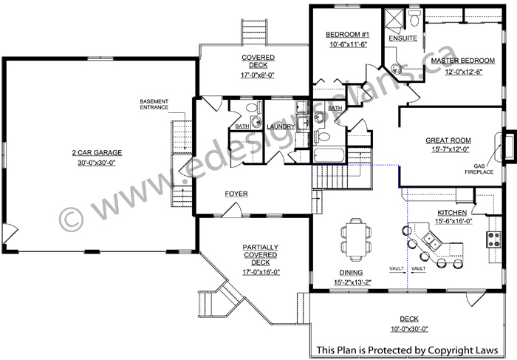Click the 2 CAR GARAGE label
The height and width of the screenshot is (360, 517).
(x=97, y=153)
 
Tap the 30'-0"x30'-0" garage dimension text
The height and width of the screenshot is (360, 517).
(x=97, y=163)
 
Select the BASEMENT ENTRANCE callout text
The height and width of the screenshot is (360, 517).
(x=154, y=104)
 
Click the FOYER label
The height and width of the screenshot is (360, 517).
(x=236, y=194)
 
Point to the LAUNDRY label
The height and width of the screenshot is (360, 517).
(x=281, y=126)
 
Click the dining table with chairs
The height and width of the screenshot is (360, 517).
(x=356, y=239)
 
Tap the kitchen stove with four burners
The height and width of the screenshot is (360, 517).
(x=493, y=240)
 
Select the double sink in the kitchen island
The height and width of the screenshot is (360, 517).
(x=432, y=240)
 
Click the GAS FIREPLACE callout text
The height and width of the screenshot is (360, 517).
(x=479, y=169)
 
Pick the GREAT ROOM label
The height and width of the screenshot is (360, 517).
(x=448, y=140)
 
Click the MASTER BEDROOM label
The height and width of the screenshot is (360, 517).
(x=463, y=61)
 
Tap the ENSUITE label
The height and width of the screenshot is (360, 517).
(x=403, y=38)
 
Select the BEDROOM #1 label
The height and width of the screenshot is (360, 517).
(x=348, y=35)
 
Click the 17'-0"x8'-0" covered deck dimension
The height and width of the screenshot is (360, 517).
(x=258, y=75)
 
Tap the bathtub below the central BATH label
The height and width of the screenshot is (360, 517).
(x=329, y=155)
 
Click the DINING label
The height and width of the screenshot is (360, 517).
(x=351, y=273)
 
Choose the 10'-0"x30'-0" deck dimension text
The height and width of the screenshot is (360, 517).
(x=409, y=329)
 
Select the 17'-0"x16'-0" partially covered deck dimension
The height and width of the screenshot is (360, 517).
(x=261, y=273)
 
